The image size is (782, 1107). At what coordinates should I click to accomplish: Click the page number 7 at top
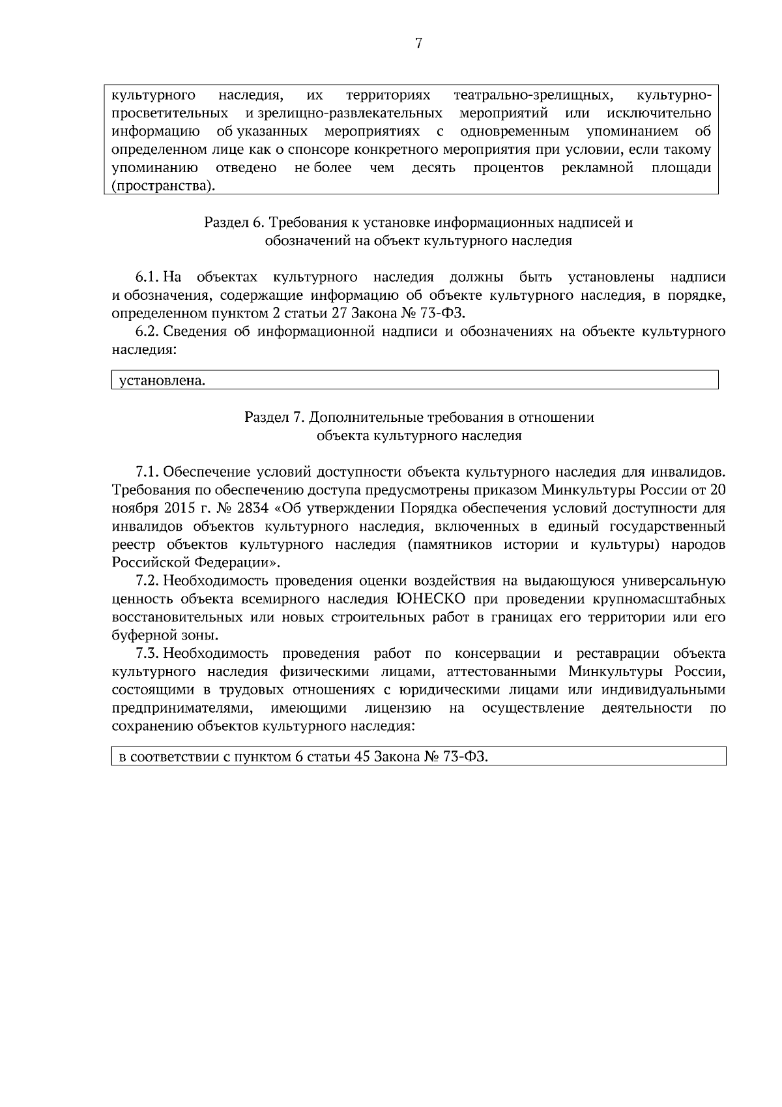point(418,44)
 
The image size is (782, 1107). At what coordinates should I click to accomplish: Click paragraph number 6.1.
point(147,277)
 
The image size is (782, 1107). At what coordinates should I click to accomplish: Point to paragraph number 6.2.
point(147,332)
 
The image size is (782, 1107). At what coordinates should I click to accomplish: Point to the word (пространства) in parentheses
point(163,186)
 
